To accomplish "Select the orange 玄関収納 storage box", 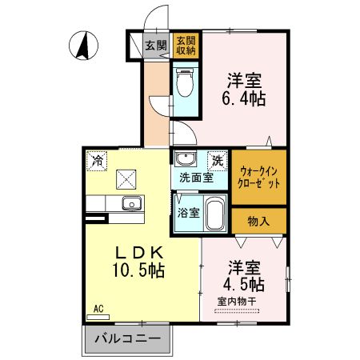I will coord(186,46).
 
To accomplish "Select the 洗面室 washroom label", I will coord(195,178).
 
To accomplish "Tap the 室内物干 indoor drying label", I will coord(236,301).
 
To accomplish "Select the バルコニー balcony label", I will coord(128,339).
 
